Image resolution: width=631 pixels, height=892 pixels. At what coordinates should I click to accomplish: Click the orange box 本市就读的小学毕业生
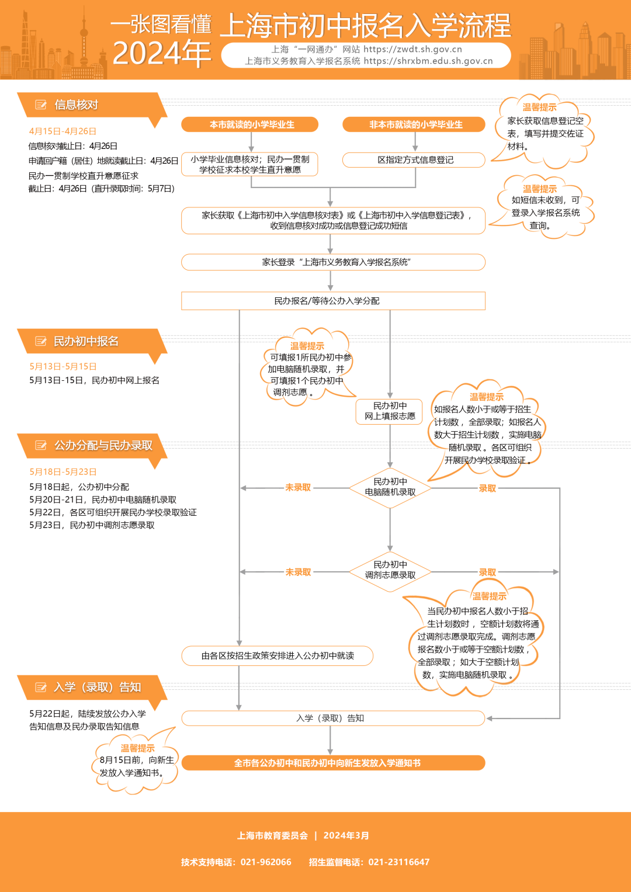click(251, 124)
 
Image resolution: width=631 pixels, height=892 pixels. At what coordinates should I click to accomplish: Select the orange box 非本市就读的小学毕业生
click(415, 124)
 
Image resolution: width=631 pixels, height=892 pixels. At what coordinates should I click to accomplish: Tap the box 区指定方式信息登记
click(415, 159)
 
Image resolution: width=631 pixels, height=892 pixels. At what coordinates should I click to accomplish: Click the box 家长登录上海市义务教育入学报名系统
click(333, 262)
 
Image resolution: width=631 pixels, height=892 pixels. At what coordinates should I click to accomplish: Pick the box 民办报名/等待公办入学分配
click(333, 301)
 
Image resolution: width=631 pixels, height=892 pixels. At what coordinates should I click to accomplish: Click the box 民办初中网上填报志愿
click(390, 411)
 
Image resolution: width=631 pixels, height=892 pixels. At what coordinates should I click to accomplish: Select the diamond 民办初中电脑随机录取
click(390, 487)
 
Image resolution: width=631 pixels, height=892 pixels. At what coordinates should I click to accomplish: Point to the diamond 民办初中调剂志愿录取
click(390, 570)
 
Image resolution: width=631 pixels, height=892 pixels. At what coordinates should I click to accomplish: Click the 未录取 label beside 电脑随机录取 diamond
click(298, 488)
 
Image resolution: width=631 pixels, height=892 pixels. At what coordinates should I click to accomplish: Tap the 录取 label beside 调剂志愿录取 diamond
click(487, 572)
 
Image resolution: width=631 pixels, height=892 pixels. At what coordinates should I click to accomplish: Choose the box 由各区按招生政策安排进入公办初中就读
click(278, 656)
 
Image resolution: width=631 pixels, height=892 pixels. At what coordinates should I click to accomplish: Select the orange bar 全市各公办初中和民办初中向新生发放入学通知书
click(333, 763)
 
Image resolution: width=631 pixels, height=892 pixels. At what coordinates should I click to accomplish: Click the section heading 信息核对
click(76, 105)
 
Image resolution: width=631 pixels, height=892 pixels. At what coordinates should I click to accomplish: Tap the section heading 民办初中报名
click(86, 341)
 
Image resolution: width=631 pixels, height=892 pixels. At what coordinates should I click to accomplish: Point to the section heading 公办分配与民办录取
click(103, 446)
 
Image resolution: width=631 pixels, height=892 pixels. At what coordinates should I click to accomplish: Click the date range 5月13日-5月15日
click(63, 367)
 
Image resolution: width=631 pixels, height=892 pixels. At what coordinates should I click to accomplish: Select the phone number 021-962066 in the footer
click(266, 862)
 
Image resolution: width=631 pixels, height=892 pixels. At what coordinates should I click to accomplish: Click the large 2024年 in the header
click(161, 54)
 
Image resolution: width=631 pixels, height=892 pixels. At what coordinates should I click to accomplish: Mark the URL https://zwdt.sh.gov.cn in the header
click(412, 50)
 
